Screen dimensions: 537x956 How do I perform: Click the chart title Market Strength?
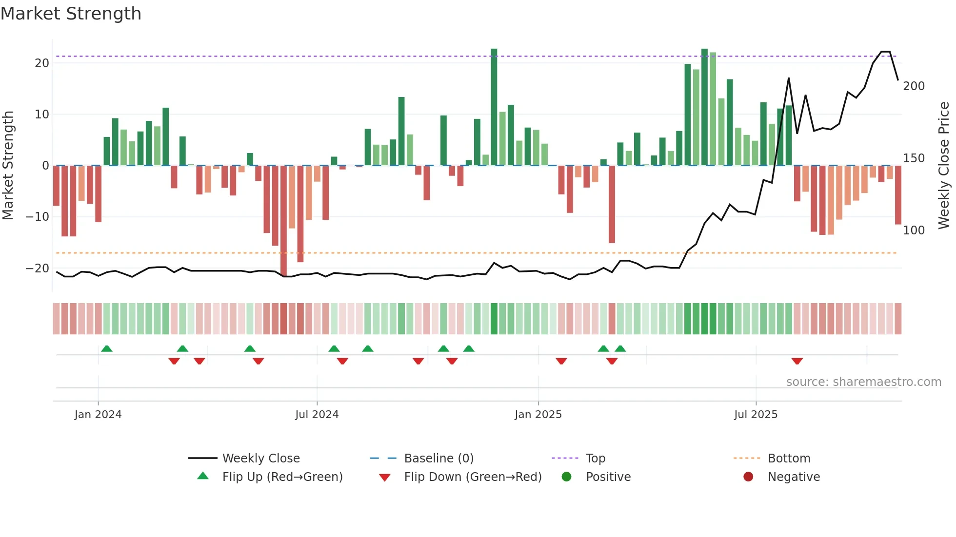(71, 14)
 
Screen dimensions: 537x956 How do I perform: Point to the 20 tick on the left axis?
(41, 63)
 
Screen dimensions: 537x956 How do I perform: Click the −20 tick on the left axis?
(38, 268)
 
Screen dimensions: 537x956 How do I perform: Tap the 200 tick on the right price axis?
(914, 86)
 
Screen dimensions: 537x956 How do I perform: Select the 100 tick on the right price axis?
(914, 230)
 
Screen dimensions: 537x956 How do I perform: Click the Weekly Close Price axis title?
(944, 165)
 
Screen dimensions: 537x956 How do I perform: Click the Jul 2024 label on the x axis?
(317, 415)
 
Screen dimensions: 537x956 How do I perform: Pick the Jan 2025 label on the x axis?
(538, 415)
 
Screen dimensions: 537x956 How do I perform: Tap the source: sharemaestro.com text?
(863, 382)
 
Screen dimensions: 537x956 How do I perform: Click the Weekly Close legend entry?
(261, 459)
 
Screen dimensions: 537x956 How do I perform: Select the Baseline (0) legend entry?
(438, 459)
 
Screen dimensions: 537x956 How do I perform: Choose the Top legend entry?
(595, 459)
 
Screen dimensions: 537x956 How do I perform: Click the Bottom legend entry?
(789, 459)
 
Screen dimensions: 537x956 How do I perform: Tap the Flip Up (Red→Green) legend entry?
(282, 477)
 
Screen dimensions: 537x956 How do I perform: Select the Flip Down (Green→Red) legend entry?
(472, 477)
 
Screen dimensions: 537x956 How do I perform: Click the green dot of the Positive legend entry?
(566, 477)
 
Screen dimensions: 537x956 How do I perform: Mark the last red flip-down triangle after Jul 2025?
(797, 361)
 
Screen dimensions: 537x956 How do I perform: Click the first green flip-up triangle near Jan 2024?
(106, 348)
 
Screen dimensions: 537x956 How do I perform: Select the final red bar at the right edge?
(898, 195)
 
